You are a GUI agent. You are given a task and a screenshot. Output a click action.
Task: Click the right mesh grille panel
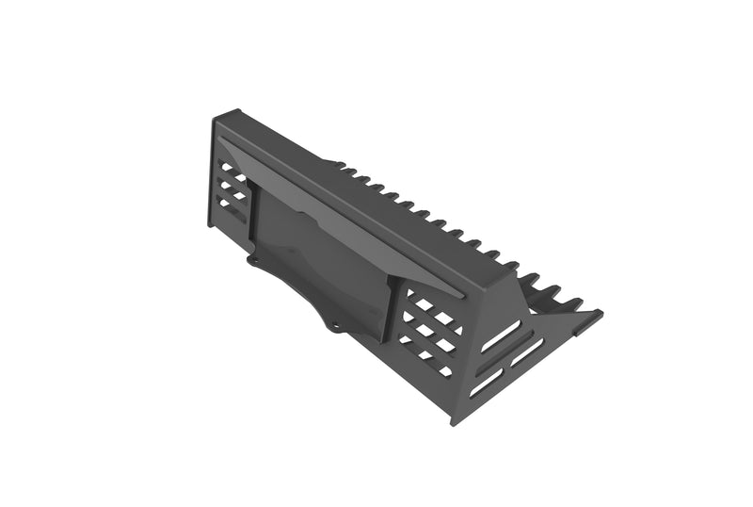pyautogui.click(x=428, y=329)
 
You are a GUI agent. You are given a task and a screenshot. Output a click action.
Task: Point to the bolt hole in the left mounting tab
pyautogui.click(x=252, y=257)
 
